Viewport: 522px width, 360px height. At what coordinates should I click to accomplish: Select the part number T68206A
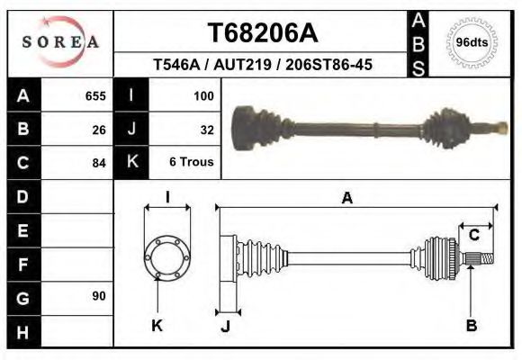pyautogui.click(x=262, y=33)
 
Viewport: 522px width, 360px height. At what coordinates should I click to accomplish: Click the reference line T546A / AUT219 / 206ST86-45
pyautogui.click(x=263, y=66)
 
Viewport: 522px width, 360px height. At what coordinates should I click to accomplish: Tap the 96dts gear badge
pyautogui.click(x=472, y=42)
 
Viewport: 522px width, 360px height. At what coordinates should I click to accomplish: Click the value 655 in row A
pyautogui.click(x=95, y=95)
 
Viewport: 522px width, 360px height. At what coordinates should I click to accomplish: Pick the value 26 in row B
pyautogui.click(x=99, y=129)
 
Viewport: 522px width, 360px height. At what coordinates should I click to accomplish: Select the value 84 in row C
pyautogui.click(x=99, y=163)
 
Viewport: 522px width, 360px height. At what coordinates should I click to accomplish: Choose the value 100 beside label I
pyautogui.click(x=203, y=95)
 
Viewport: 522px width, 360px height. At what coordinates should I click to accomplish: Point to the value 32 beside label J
pyautogui.click(x=206, y=129)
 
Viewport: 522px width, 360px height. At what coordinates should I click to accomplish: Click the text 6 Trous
pyautogui.click(x=192, y=163)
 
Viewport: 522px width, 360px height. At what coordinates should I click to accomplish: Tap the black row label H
pyautogui.click(x=22, y=331)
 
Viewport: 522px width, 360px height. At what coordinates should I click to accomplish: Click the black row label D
pyautogui.click(x=22, y=196)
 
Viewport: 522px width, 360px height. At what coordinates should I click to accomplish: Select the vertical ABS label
pyautogui.click(x=418, y=43)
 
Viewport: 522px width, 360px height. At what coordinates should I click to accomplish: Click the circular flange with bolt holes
pyautogui.click(x=166, y=256)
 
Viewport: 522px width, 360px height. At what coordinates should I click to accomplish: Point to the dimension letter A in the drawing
pyautogui.click(x=346, y=199)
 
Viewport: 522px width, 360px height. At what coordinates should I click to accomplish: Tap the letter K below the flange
pyautogui.click(x=157, y=325)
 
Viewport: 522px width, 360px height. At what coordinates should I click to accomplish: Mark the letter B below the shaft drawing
pyautogui.click(x=471, y=325)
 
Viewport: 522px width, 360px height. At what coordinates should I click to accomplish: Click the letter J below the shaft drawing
pyautogui.click(x=225, y=326)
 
